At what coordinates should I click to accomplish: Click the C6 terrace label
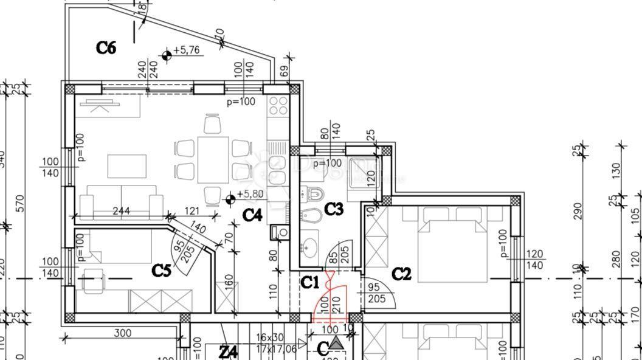(x=106, y=47)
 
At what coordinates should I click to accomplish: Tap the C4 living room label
(x=252, y=215)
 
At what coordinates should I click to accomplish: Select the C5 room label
(x=161, y=270)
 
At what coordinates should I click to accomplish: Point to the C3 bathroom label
(x=334, y=209)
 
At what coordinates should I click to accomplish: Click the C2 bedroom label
(x=401, y=274)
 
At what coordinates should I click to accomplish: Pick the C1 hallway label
(x=310, y=282)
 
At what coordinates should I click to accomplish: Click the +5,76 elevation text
(x=187, y=50)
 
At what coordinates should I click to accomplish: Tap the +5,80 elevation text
(x=250, y=195)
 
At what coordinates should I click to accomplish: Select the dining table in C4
(x=213, y=160)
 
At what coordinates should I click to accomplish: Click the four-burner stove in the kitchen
(x=278, y=106)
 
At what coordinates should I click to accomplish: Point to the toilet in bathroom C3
(x=316, y=195)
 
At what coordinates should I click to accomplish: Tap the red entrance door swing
(x=329, y=298)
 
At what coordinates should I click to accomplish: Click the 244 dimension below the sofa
(x=123, y=212)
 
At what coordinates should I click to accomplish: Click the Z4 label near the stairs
(x=228, y=351)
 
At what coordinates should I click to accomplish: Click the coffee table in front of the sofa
(x=127, y=164)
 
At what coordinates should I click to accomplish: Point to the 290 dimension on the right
(x=578, y=210)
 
